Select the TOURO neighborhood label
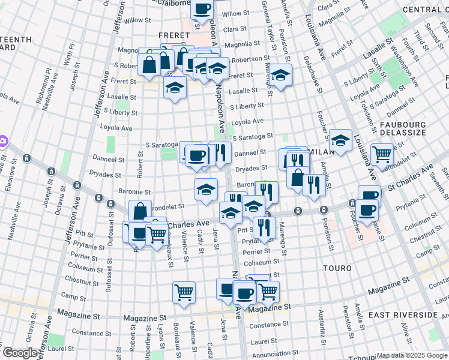337,268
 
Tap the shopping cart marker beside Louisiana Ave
382,155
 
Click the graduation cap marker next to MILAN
340,141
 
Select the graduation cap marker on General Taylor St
280,74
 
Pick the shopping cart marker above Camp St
184,292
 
